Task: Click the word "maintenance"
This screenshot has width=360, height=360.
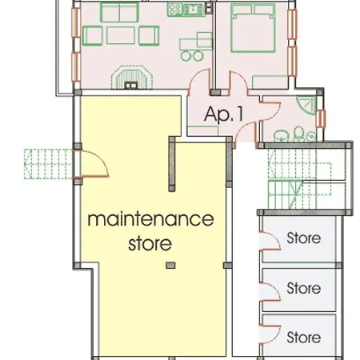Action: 150,218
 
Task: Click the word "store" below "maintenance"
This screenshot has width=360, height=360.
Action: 150,241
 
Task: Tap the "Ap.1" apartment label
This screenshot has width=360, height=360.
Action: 223,114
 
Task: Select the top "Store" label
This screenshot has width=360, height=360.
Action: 303,238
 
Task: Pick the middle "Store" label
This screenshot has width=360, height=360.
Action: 303,287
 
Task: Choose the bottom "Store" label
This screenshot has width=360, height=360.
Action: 303,337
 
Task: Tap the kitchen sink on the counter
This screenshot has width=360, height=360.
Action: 192,10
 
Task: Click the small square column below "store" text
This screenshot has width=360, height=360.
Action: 169,266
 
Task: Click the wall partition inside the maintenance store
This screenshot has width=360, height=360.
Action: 170,164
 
